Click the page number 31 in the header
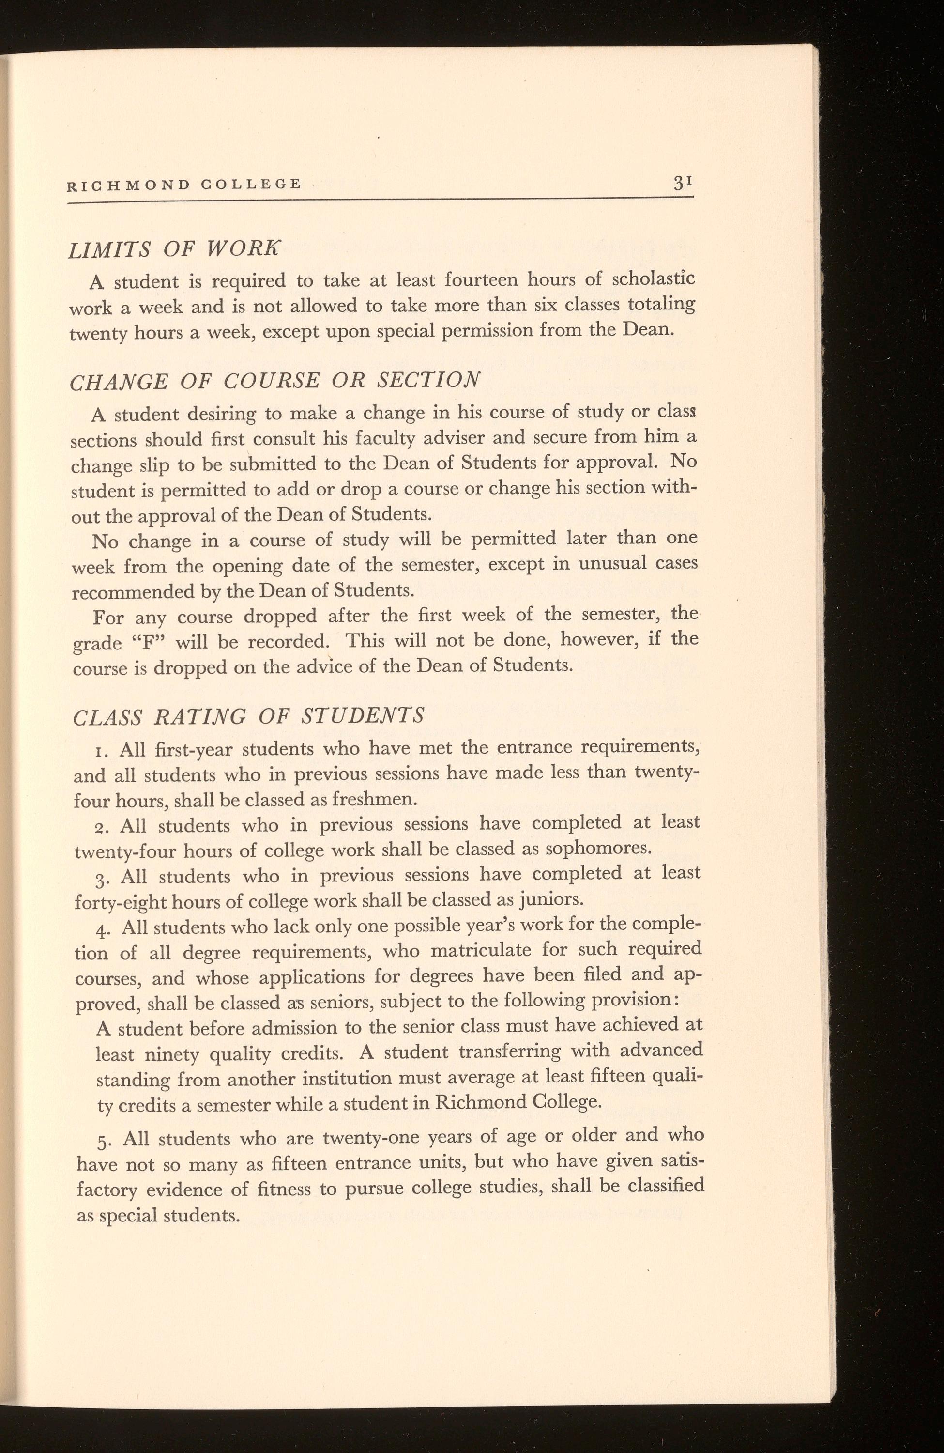682,183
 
